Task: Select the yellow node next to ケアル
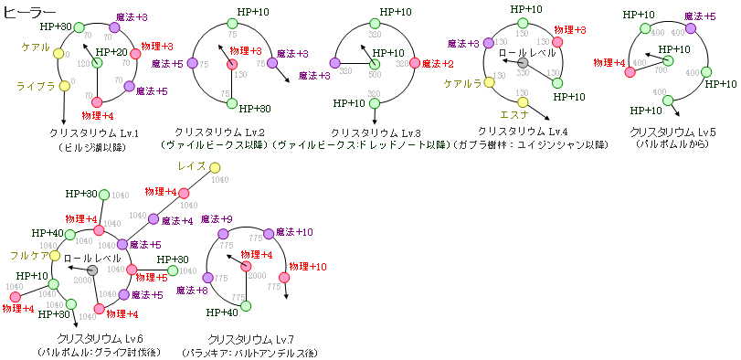tap(59, 54)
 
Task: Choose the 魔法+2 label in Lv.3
tap(438, 64)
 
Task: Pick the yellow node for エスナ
tap(524, 102)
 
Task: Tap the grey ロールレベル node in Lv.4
tap(523, 65)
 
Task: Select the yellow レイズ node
tap(215, 167)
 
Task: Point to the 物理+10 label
tap(308, 267)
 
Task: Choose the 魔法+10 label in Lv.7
tap(294, 231)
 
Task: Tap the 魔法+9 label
tap(217, 219)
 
